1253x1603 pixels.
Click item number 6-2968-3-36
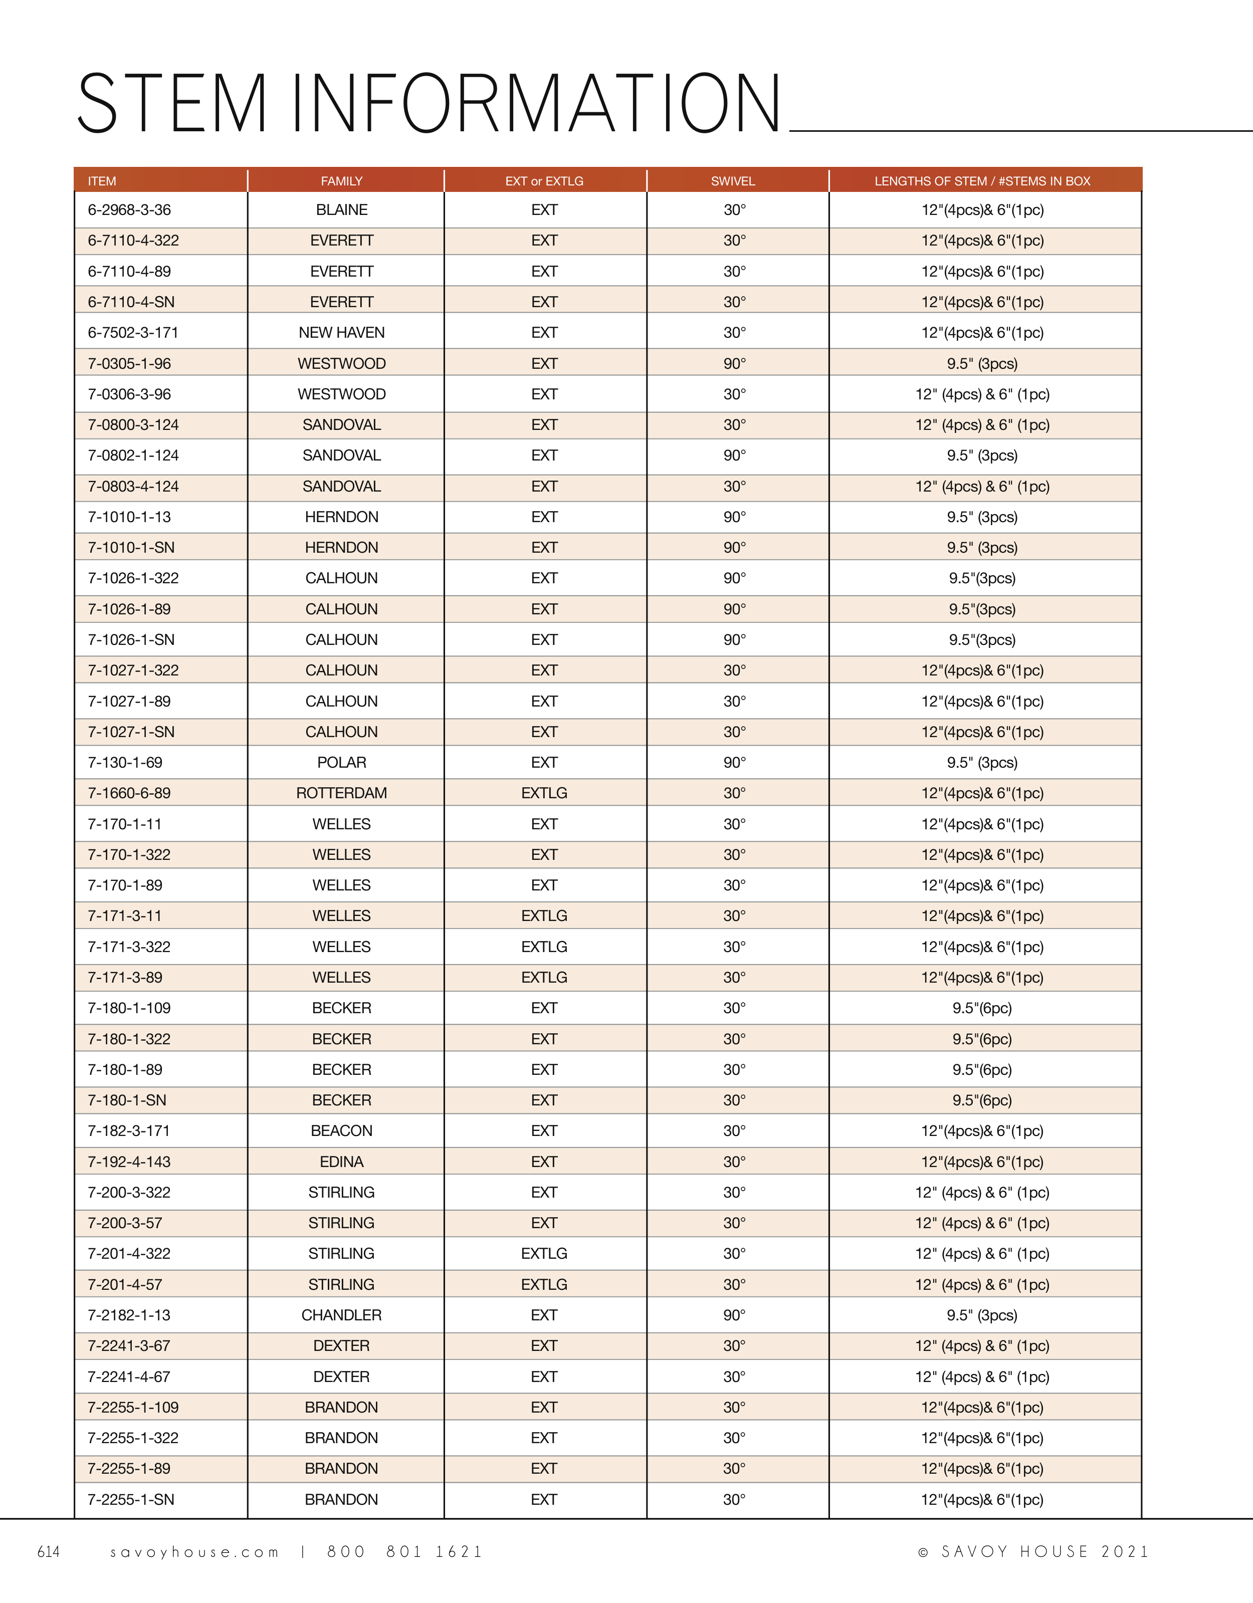(x=129, y=210)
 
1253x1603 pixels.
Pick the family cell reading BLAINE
(x=341, y=210)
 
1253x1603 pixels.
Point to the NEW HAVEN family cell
(x=341, y=333)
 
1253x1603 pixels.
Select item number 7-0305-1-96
(x=129, y=363)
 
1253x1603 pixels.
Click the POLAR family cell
(x=341, y=763)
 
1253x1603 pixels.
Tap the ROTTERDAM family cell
(x=341, y=793)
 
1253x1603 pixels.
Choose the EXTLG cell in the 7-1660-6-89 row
(x=544, y=793)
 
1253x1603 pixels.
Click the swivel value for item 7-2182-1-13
(x=734, y=1315)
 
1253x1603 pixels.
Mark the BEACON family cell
(x=341, y=1131)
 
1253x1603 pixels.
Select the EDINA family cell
(x=341, y=1162)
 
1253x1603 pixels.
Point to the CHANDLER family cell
(x=341, y=1315)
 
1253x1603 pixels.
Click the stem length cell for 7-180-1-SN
(x=982, y=1100)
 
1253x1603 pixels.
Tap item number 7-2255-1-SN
(x=131, y=1499)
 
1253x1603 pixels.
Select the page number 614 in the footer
(x=49, y=1551)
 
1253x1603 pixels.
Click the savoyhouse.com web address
(x=194, y=1552)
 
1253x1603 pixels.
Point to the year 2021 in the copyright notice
(x=1125, y=1551)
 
